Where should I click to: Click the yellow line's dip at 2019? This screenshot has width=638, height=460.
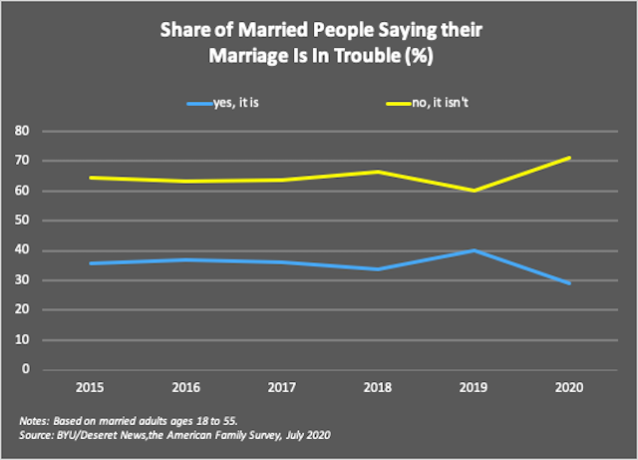(x=474, y=191)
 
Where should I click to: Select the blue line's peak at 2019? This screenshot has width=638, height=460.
(x=474, y=249)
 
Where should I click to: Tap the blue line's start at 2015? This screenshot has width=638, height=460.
(x=91, y=263)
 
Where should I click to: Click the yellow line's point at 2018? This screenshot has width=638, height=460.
(x=378, y=172)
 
